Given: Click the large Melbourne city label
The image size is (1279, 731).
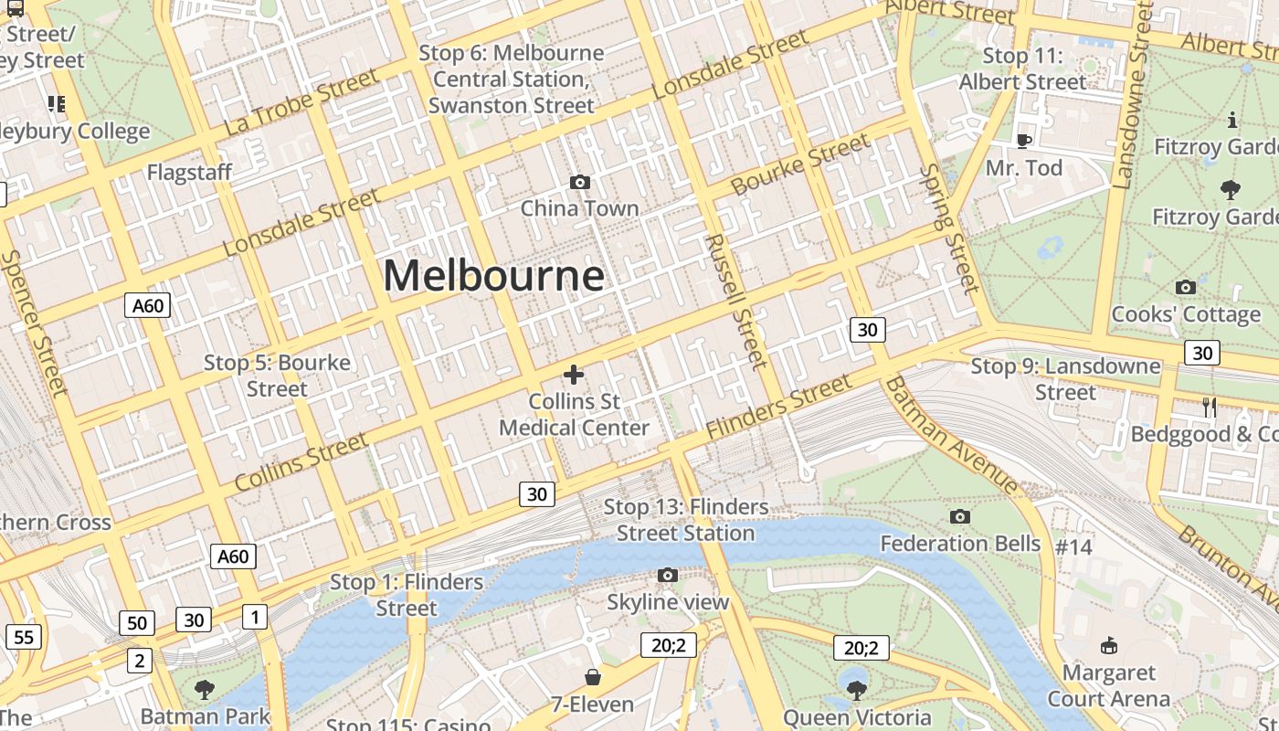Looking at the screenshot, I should pos(493,275).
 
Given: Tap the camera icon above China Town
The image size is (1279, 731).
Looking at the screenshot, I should pos(579,183).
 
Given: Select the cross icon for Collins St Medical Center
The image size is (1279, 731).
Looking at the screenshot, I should pos(574,375).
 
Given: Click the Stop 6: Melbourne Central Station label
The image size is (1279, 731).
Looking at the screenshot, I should pos(512,79).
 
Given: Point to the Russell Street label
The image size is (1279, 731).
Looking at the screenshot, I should pos(735,301).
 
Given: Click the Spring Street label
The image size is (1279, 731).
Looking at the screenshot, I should pos(948,228).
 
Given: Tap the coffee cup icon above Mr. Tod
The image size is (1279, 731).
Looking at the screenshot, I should pos(1024,141).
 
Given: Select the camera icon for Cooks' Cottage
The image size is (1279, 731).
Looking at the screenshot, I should pos(1186,288).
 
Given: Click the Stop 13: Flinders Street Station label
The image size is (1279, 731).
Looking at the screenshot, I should pos(686,520).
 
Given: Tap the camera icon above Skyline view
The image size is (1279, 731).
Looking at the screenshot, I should pos(668,575).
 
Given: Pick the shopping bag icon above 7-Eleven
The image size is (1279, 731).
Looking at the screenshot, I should pos(593,677).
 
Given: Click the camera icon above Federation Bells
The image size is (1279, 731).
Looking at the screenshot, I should pos(959,517).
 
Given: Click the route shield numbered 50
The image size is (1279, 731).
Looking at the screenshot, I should pos(136,623).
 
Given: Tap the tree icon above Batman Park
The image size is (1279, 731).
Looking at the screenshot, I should pos(205,689).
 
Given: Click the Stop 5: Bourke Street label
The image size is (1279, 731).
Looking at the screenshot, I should pos(277,376).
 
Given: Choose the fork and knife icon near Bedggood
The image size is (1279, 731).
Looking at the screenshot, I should pos(1210,408).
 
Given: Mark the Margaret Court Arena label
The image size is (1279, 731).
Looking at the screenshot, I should pos(1108,686).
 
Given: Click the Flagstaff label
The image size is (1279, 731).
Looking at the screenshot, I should pos(189,172).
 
